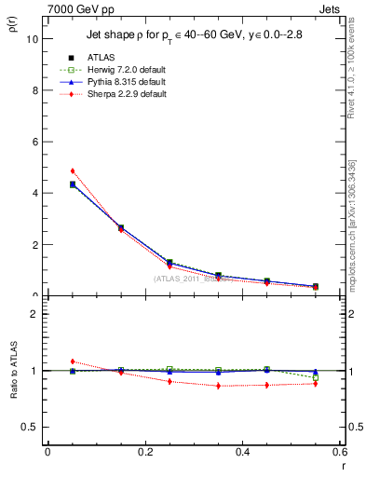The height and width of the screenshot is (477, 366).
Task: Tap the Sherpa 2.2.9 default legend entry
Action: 116,94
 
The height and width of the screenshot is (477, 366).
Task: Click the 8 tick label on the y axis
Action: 34,90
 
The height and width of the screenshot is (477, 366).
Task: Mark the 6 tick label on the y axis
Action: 34,142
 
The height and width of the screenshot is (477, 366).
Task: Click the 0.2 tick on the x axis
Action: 144,452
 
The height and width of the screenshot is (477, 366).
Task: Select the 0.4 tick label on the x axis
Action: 242,452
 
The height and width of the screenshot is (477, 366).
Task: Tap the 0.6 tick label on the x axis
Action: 338,452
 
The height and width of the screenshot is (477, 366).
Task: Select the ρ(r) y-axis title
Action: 12,28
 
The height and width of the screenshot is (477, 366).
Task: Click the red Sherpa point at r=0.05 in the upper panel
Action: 72,171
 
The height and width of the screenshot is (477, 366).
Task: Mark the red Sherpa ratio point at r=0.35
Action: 218,386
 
